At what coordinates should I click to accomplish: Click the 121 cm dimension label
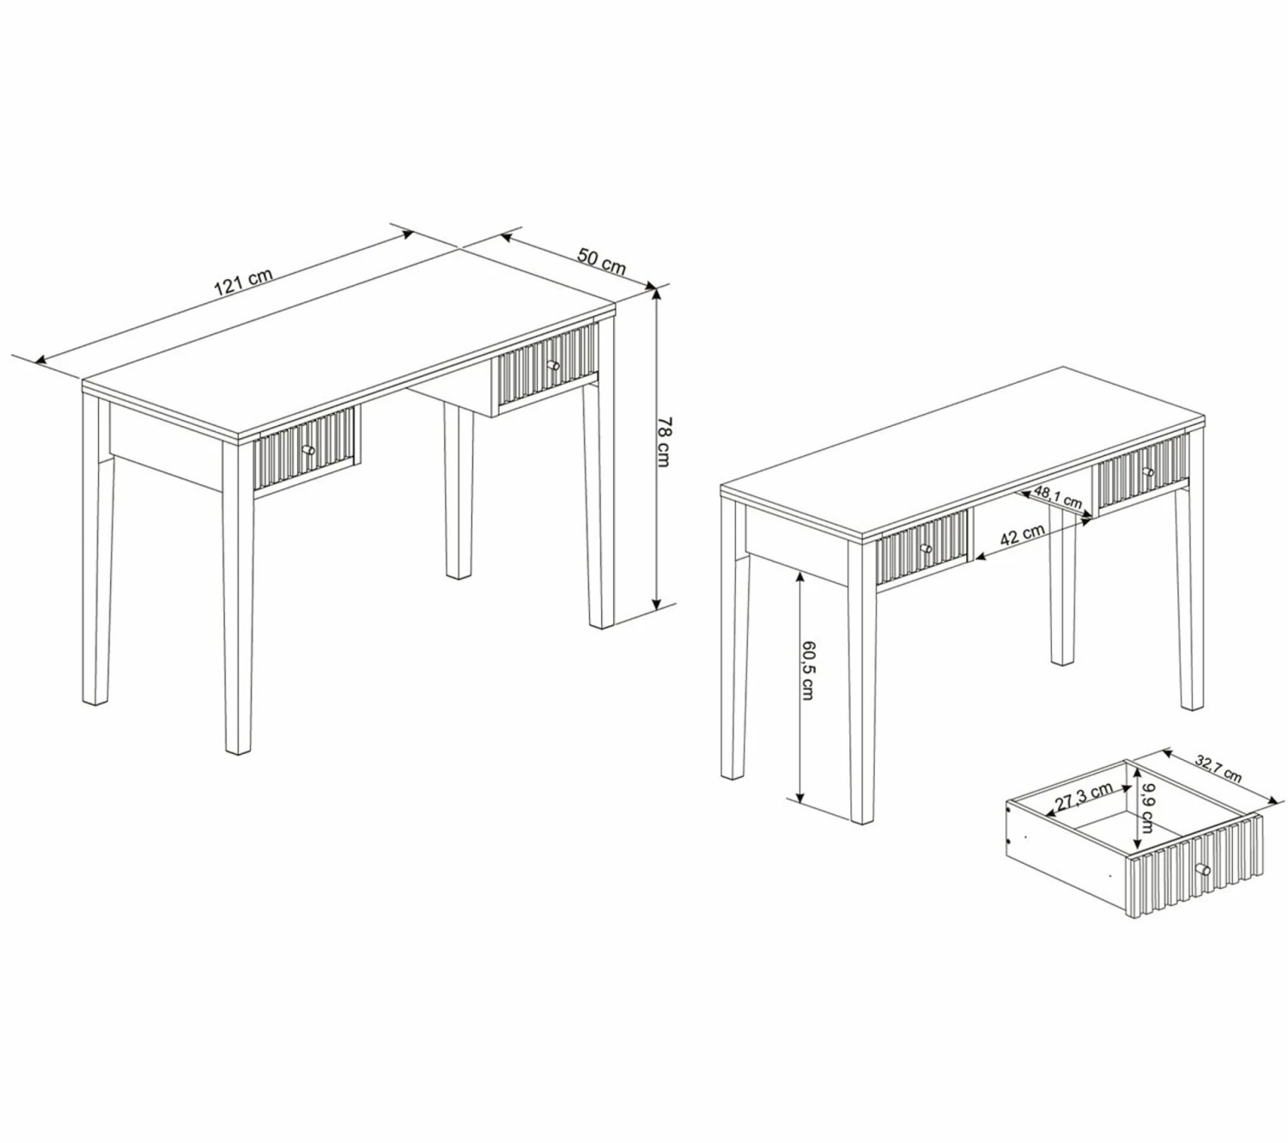click(x=244, y=282)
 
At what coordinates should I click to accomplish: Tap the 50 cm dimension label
click(x=601, y=261)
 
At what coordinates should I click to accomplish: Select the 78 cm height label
click(x=663, y=441)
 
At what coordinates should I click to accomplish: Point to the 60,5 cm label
click(x=807, y=670)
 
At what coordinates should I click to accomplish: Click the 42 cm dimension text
click(x=1023, y=535)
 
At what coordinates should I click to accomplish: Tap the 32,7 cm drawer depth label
click(x=1218, y=769)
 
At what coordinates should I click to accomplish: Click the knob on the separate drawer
click(x=1203, y=869)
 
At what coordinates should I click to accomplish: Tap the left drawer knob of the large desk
click(x=308, y=449)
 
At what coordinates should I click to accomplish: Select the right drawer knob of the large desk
click(x=554, y=366)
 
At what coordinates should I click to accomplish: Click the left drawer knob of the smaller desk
click(x=926, y=548)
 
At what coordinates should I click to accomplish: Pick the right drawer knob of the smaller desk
click(x=1147, y=471)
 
